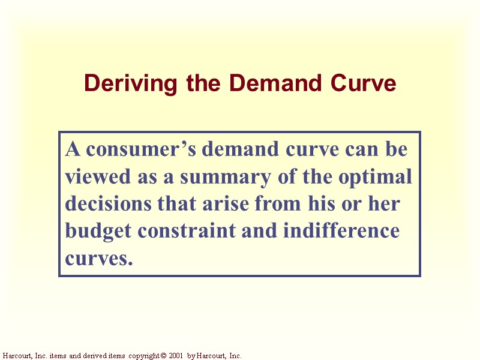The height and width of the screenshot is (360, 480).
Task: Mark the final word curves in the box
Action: [98, 259]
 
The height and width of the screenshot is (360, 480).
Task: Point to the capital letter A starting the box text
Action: [72, 149]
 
